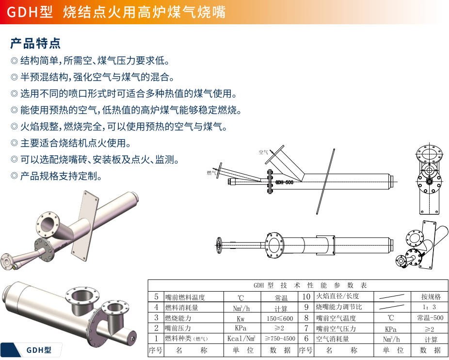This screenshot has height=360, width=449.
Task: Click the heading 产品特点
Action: click(35, 44)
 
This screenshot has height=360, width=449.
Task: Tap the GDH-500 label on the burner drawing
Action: click(284, 183)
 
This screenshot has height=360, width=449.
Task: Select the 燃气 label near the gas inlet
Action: click(211, 173)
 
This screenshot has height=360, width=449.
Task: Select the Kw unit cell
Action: click(241, 318)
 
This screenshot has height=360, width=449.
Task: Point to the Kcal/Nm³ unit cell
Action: click(241, 339)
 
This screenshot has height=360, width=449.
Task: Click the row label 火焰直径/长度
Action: click(338, 296)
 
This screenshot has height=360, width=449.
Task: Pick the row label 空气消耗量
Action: click(333, 339)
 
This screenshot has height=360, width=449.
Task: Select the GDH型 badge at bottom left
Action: click(38, 350)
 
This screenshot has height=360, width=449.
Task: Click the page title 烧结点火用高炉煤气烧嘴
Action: click(144, 12)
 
